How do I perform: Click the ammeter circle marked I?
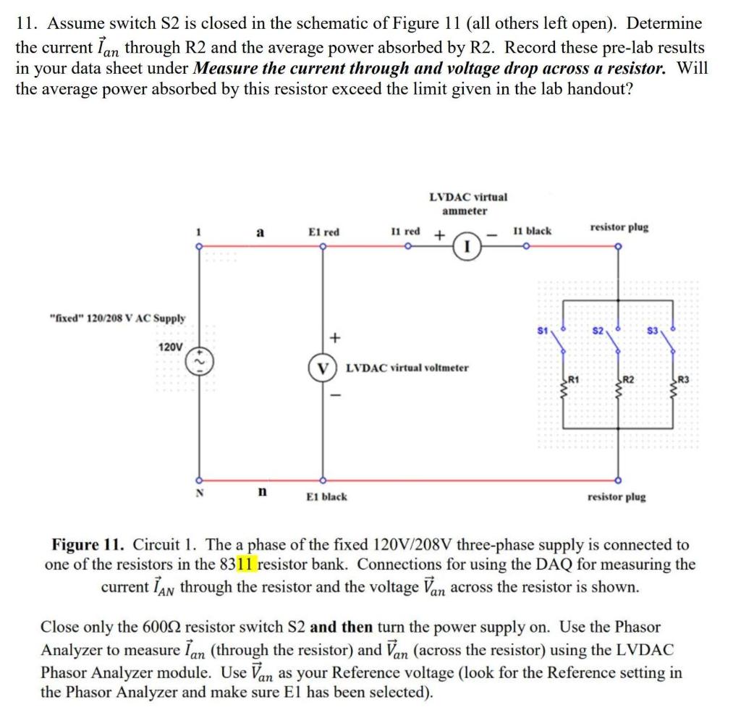[467, 246]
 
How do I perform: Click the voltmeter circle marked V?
[322, 368]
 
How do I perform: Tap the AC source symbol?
[200, 363]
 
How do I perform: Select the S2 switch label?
[598, 331]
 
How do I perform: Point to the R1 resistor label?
[573, 379]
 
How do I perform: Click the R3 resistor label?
[683, 379]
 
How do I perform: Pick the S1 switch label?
[543, 331]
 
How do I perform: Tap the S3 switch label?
[652, 331]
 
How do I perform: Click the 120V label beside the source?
[170, 347]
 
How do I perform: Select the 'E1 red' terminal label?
[323, 232]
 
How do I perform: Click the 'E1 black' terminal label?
[326, 496]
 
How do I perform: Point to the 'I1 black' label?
[532, 231]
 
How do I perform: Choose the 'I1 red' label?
[405, 231]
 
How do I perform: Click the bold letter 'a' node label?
[260, 232]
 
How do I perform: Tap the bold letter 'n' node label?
[262, 492]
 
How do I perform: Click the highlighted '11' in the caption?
[246, 565]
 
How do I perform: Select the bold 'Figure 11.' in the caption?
[88, 544]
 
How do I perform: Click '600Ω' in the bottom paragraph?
[161, 627]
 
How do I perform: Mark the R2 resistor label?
[629, 379]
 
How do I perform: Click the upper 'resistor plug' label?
[619, 227]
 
